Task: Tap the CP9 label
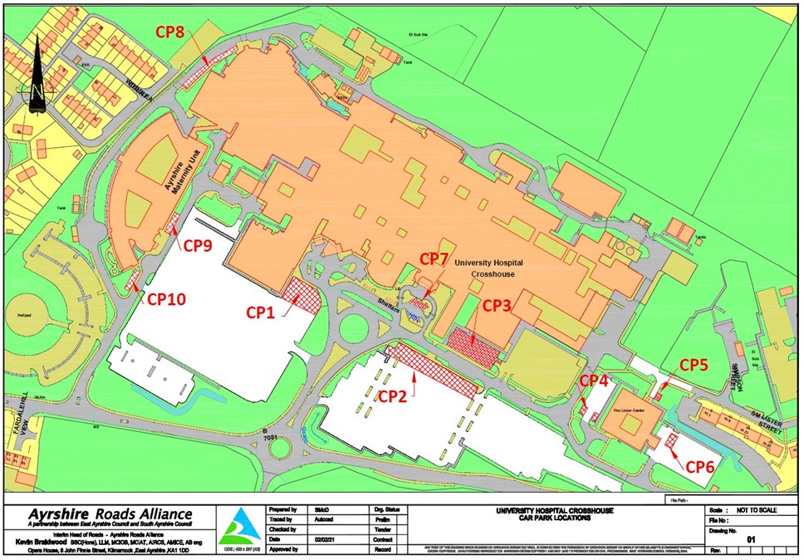click(198, 245)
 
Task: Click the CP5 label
click(695, 364)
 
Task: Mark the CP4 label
click(595, 380)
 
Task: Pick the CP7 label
click(436, 258)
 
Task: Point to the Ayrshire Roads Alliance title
click(110, 514)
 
